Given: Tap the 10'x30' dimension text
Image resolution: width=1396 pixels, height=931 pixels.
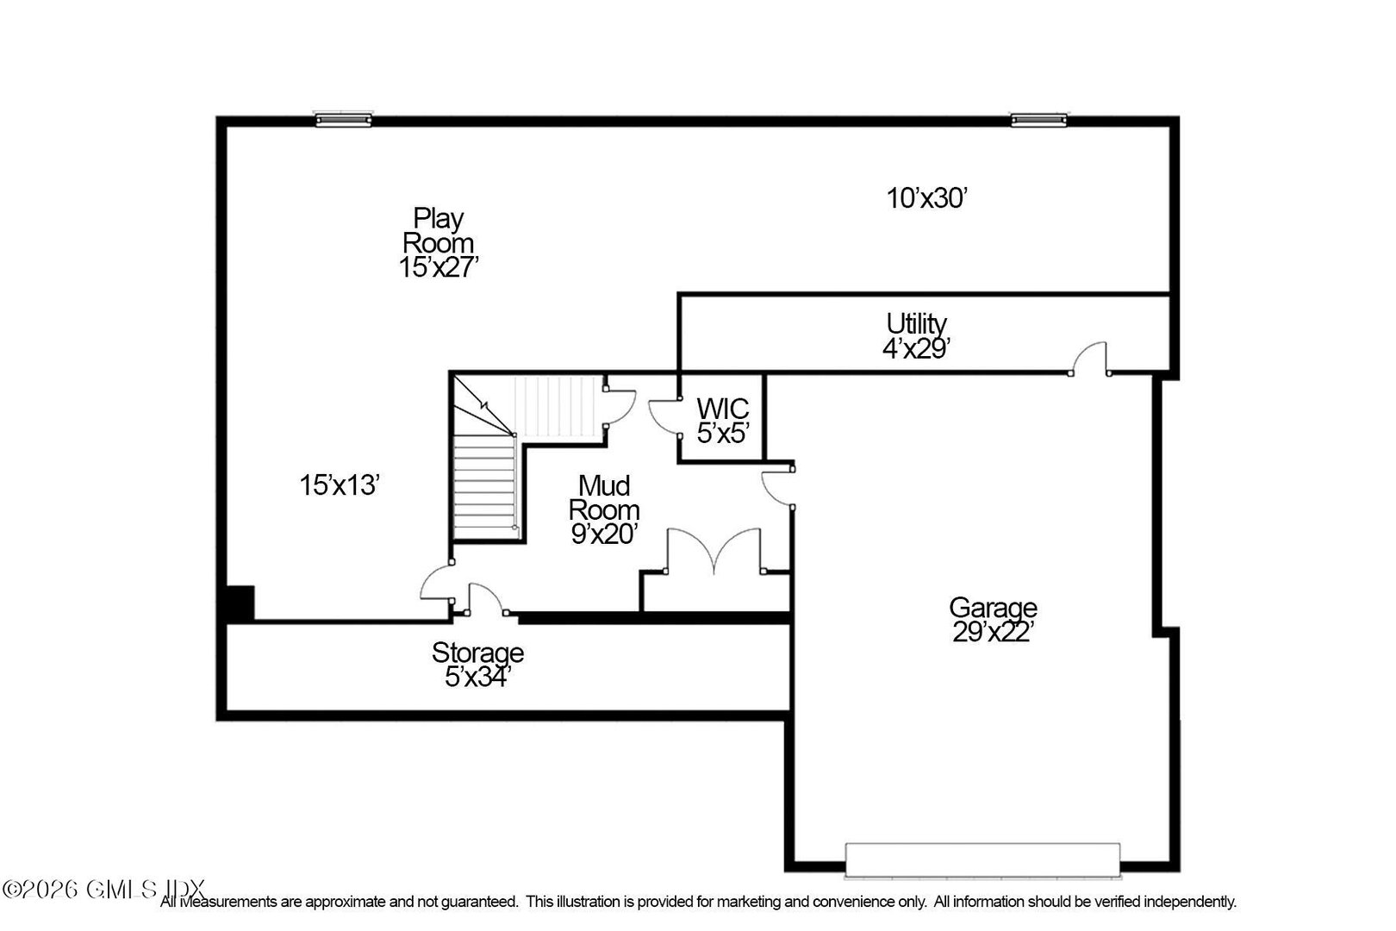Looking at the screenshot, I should pos(928,199).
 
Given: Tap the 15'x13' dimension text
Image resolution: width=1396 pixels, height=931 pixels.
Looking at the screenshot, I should pos(340,485).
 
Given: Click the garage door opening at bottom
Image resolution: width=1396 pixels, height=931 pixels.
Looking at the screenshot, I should pos(983,859).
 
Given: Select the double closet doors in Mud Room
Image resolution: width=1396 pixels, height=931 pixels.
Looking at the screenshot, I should pos(714,551).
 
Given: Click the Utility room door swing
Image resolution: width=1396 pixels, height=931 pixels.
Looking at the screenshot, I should pos(1090,358).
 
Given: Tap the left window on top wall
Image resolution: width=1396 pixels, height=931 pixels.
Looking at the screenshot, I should pos(343,120).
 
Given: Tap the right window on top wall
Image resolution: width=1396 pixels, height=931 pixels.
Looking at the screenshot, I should pos(1038,120).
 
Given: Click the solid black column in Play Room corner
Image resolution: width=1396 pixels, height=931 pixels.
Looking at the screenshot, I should pos(240,602).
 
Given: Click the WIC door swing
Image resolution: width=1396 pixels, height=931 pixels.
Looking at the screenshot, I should pos(664,416).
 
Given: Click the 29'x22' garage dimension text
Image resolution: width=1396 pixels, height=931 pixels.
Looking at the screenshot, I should pos(993,633).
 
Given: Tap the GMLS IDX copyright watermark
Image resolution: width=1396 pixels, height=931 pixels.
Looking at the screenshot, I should pos(103,888).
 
